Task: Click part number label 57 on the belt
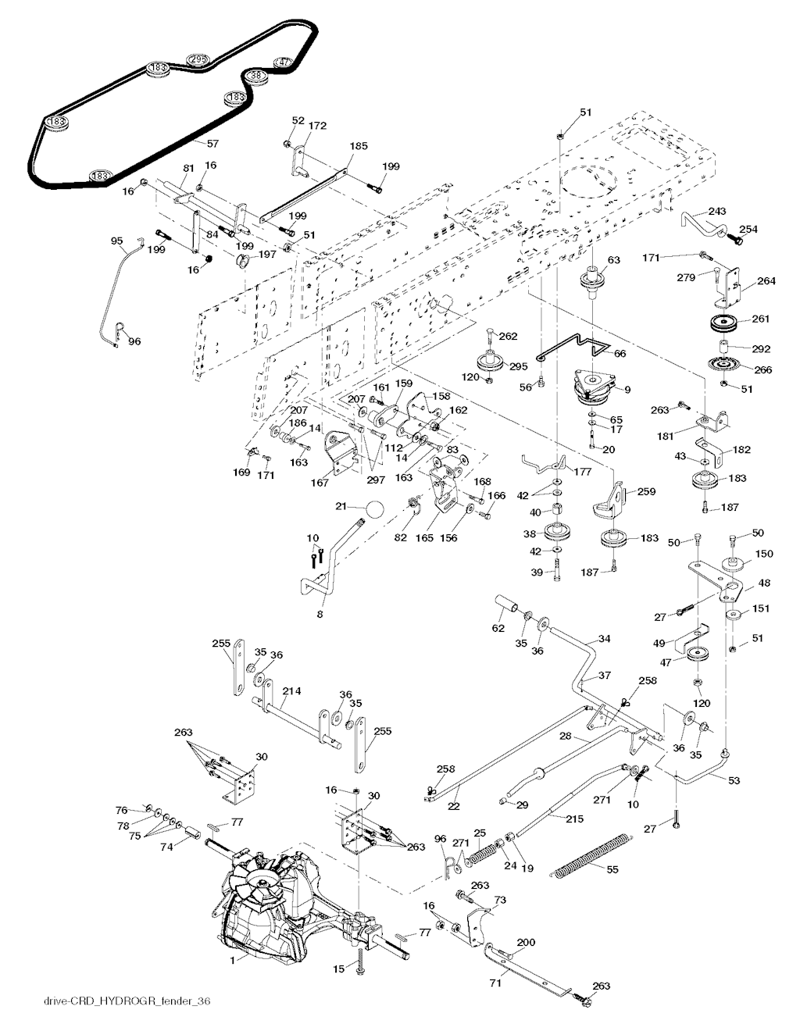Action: click(x=212, y=144)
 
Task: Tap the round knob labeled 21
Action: click(x=375, y=509)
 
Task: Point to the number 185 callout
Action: click(x=359, y=146)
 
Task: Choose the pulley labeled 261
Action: click(x=725, y=323)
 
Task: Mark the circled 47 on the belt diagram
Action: click(x=282, y=62)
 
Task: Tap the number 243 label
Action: click(x=717, y=212)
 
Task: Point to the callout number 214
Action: click(x=291, y=691)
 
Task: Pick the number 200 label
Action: click(x=526, y=943)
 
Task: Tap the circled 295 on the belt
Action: click(x=198, y=59)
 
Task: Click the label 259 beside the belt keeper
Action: click(x=645, y=491)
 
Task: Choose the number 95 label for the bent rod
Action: click(x=117, y=241)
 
